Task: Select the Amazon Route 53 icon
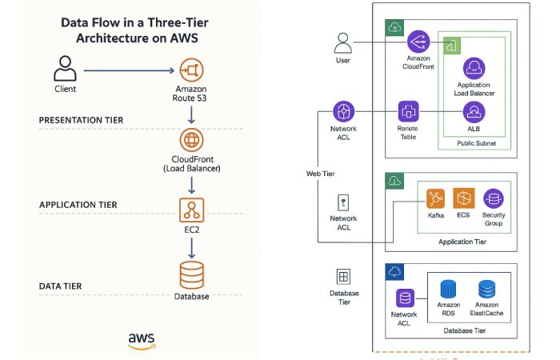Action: coord(190,70)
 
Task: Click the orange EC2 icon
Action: coord(190,210)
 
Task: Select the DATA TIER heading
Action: coord(61,286)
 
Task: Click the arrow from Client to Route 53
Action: coord(128,70)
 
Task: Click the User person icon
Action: coord(342,42)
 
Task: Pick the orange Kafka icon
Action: coord(436,198)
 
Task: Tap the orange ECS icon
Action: coord(464,198)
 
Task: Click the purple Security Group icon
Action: coord(494,198)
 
